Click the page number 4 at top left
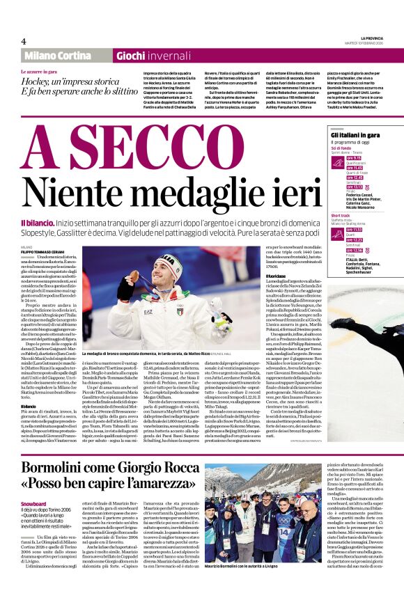24,41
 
